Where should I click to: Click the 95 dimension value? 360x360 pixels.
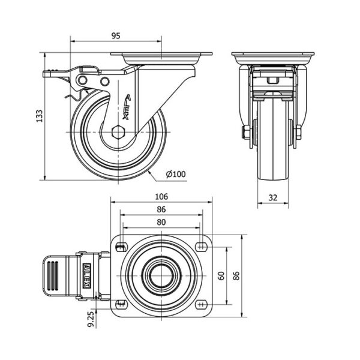coord(116,35)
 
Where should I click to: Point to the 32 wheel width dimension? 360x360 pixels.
coord(273,197)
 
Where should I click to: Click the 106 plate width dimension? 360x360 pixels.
coord(161,196)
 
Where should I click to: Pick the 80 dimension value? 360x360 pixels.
coord(161,221)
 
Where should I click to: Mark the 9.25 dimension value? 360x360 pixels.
coord(91,320)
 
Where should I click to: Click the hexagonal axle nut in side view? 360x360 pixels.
coord(118,131)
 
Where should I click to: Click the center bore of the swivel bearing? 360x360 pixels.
coord(161,275)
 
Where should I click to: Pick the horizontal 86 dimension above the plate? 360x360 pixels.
coord(161,209)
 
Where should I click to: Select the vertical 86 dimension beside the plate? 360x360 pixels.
coord(236,275)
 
